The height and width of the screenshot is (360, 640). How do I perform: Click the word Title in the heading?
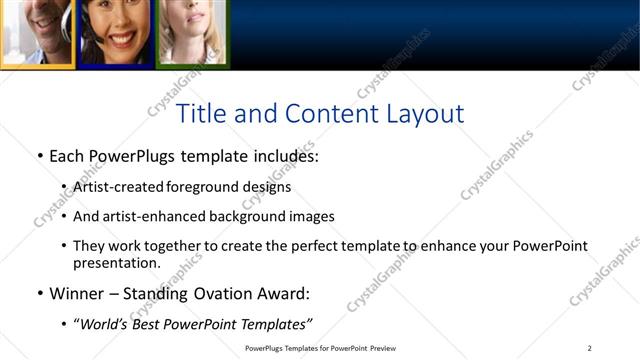[200, 114]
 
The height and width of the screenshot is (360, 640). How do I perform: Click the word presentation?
[116, 264]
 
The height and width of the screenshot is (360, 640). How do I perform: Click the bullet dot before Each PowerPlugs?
[39, 157]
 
